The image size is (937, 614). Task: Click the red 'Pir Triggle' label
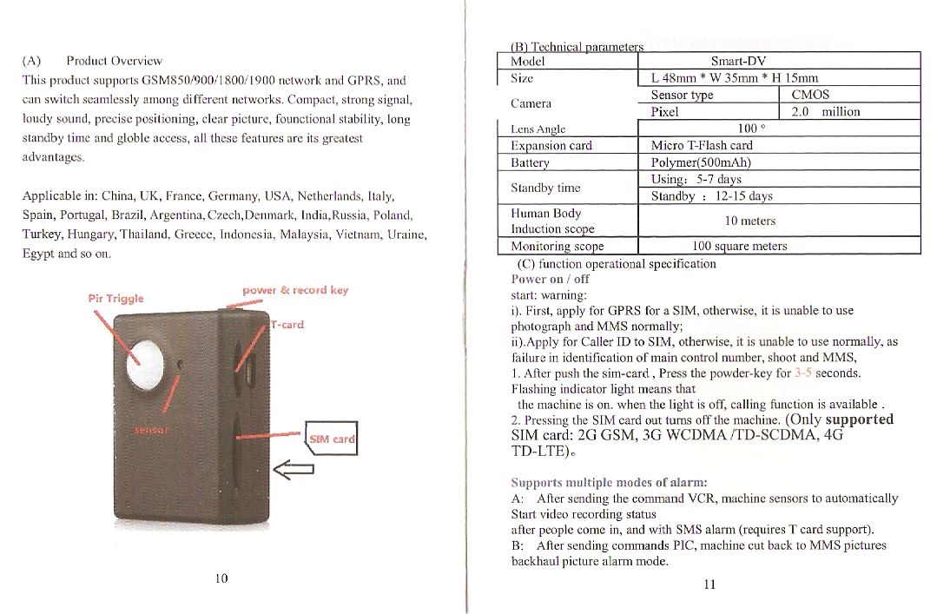click(x=116, y=299)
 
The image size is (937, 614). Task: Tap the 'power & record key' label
click(x=295, y=290)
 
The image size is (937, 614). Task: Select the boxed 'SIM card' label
click(x=332, y=439)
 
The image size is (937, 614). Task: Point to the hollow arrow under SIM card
click(x=294, y=470)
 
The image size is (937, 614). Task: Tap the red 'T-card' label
click(x=287, y=325)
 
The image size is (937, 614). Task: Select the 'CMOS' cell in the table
click(x=810, y=95)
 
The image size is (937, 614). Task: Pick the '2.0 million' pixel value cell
click(x=826, y=112)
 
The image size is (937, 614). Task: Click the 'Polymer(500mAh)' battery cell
click(x=701, y=162)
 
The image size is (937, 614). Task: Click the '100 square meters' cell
click(x=740, y=246)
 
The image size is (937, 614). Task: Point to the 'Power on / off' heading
click(x=551, y=279)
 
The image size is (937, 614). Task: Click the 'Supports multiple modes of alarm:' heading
click(x=609, y=482)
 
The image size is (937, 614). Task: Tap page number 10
click(x=221, y=578)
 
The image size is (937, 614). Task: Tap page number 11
click(x=709, y=584)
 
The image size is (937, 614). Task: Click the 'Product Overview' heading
click(x=114, y=61)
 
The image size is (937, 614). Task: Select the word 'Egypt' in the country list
click(x=37, y=254)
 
